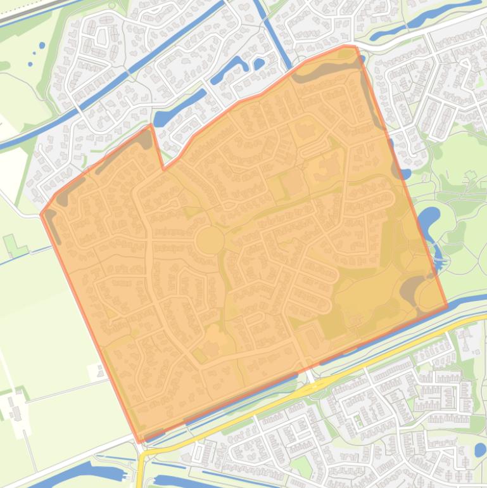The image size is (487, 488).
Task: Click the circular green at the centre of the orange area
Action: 210,241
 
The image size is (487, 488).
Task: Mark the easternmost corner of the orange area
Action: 446,307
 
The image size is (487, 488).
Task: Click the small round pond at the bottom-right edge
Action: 480,451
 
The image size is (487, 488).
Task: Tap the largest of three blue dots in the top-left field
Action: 42,46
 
